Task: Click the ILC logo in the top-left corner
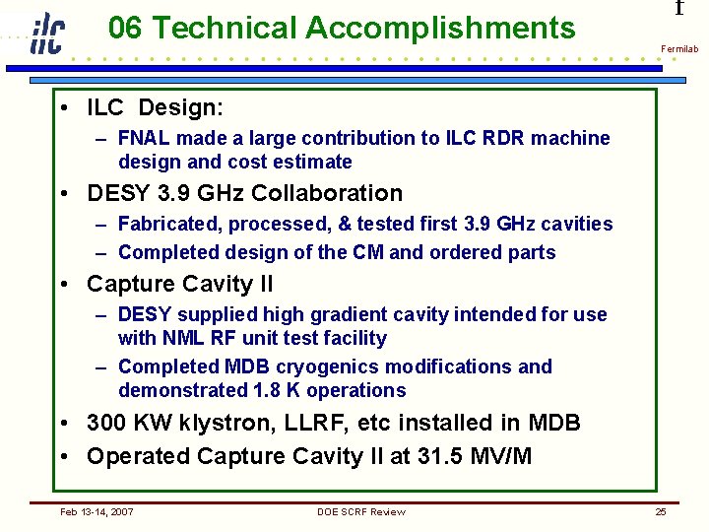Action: pyautogui.click(x=46, y=33)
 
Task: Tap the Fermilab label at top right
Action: pyautogui.click(x=678, y=49)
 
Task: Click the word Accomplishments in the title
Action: pyautogui.click(x=440, y=28)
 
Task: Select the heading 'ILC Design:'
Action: pyautogui.click(x=156, y=106)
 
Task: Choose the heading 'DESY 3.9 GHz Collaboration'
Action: pyautogui.click(x=245, y=193)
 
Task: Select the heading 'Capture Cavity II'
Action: pyautogui.click(x=180, y=285)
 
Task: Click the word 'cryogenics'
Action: pyautogui.click(x=324, y=367)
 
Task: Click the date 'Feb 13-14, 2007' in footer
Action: pyautogui.click(x=97, y=511)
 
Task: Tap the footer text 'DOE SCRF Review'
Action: pyautogui.click(x=360, y=511)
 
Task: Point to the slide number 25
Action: pyautogui.click(x=661, y=511)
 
